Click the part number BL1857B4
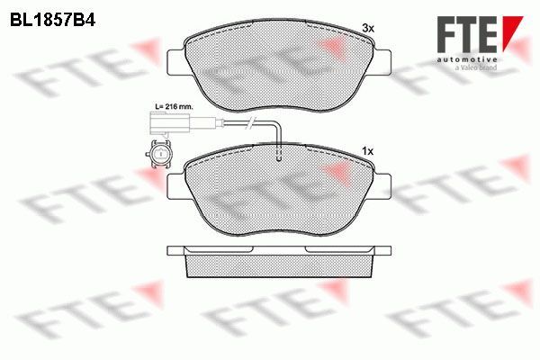(x=52, y=21)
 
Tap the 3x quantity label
(x=368, y=28)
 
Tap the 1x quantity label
(x=368, y=151)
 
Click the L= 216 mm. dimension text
(x=175, y=107)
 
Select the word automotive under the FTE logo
(x=467, y=59)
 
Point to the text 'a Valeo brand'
(x=476, y=67)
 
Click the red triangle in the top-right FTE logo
(x=511, y=32)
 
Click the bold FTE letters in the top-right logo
(x=467, y=34)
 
